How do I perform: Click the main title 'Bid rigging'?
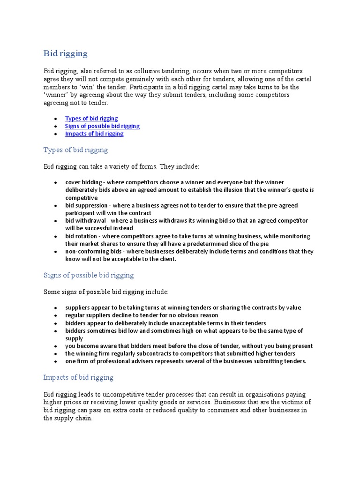[x=66, y=53]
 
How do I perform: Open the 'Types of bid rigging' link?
[x=91, y=119]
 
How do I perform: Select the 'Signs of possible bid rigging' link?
[x=102, y=126]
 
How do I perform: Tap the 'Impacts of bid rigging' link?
[x=94, y=134]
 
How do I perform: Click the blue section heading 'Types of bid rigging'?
[x=75, y=150]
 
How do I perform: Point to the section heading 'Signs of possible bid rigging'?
[x=89, y=275]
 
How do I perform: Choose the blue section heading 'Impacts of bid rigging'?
[x=78, y=377]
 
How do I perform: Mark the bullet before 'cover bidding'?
[x=56, y=182]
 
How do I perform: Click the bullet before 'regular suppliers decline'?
[x=56, y=315]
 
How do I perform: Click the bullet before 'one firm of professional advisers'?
[x=56, y=361]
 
